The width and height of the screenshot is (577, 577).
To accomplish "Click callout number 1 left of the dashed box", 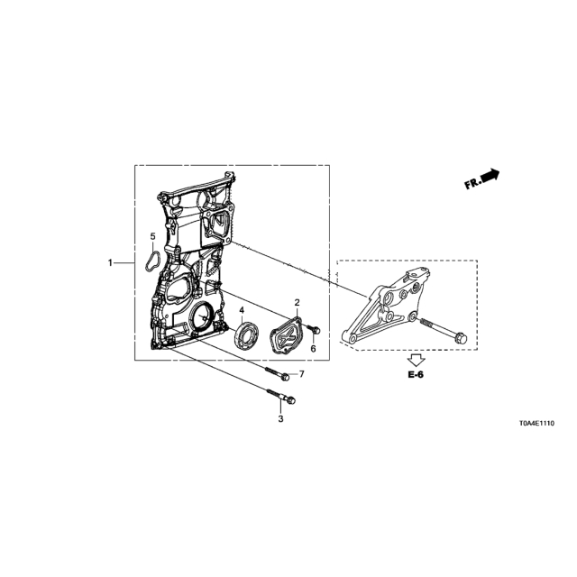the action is pyautogui.click(x=110, y=263).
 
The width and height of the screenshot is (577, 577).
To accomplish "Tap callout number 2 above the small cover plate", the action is pyautogui.click(x=297, y=303).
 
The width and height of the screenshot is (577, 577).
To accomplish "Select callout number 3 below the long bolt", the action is pyautogui.click(x=280, y=418).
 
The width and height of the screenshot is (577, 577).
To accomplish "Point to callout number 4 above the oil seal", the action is pyautogui.click(x=242, y=310).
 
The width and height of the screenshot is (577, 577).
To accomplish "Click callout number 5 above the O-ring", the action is pyautogui.click(x=152, y=236).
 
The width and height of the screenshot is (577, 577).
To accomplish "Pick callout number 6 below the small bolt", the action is pyautogui.click(x=313, y=349).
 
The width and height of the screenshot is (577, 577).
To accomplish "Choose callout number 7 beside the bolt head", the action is pyautogui.click(x=302, y=374).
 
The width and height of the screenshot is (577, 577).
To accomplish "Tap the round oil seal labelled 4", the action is pyautogui.click(x=246, y=334).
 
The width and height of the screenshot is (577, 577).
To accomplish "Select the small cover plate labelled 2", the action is pyautogui.click(x=286, y=336).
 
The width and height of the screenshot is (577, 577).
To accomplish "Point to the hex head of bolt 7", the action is pyautogui.click(x=285, y=377).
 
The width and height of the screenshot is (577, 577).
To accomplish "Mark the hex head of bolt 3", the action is pyautogui.click(x=291, y=400).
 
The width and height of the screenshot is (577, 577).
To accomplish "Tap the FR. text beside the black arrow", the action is pyautogui.click(x=472, y=183).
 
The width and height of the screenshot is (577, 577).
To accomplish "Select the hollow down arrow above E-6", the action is pyautogui.click(x=417, y=359).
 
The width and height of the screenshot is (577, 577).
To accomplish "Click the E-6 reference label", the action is pyautogui.click(x=416, y=375).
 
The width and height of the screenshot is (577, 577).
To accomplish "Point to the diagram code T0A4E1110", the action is pyautogui.click(x=537, y=424).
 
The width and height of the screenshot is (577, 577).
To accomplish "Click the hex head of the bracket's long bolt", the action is pyautogui.click(x=461, y=338).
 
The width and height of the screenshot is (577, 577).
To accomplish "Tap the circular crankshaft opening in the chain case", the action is pyautogui.click(x=202, y=316).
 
